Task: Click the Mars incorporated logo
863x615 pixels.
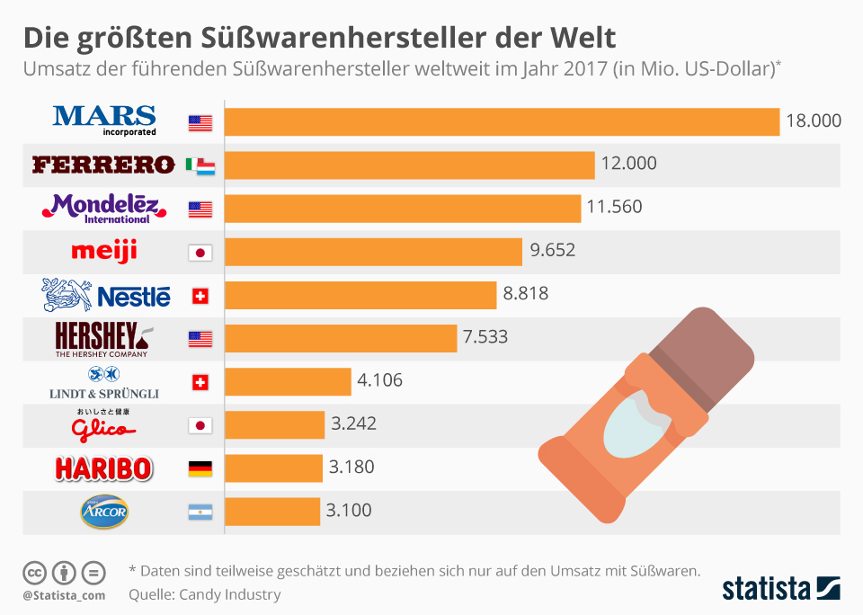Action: (x=104, y=119)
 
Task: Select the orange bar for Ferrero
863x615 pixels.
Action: (x=409, y=165)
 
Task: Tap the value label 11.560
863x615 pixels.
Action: (x=614, y=207)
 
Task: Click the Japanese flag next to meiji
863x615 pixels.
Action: (x=200, y=253)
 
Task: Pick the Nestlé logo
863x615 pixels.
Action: (x=106, y=294)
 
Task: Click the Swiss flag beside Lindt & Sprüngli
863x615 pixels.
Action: (x=200, y=382)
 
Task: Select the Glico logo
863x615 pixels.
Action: (x=105, y=424)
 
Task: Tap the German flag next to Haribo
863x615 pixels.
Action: (x=200, y=468)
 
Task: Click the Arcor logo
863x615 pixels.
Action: (x=105, y=511)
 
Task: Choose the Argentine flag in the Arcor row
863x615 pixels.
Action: (x=200, y=512)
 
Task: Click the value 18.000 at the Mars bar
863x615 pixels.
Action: (x=813, y=120)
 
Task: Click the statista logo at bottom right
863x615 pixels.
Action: (x=781, y=590)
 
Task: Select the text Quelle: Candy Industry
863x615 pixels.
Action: (x=205, y=594)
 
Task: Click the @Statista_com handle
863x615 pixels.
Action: (x=64, y=595)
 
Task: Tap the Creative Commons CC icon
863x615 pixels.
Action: (x=34, y=572)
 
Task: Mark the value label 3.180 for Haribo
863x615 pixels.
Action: (x=351, y=468)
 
